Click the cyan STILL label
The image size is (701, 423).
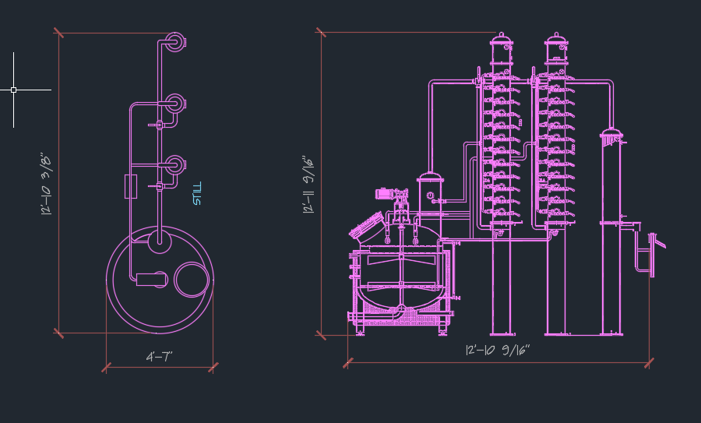tap(197, 194)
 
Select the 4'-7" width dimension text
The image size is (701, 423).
tap(159, 357)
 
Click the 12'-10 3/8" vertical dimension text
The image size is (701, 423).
tap(46, 184)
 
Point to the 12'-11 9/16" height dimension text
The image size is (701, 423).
tap(308, 185)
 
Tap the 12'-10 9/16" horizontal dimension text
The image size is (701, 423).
tap(498, 350)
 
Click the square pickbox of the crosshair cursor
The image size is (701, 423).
tap(13, 90)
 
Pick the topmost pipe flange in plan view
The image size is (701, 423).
tap(175, 42)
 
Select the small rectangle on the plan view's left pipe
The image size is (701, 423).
tap(131, 186)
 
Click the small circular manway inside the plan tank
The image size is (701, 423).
tap(192, 280)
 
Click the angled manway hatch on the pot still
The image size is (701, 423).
tap(368, 227)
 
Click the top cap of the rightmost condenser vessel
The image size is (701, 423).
tap(611, 134)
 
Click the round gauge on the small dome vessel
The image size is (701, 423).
tap(430, 196)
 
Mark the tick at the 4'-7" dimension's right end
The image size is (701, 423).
tap(213, 368)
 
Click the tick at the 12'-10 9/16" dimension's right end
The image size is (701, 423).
tap(649, 363)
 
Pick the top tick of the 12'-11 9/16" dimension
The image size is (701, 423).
tap(321, 32)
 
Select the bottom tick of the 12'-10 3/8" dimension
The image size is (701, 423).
tap(58, 333)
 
